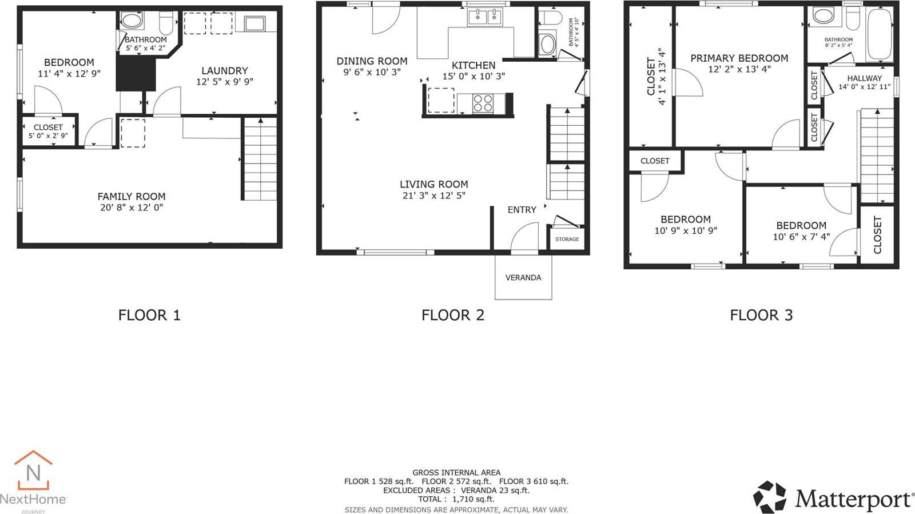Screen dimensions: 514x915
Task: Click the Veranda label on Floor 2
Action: coord(523,278)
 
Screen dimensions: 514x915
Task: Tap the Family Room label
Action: coord(131,196)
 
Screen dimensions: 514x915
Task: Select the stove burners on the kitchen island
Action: coord(483,103)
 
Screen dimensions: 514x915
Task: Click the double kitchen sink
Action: coord(485,18)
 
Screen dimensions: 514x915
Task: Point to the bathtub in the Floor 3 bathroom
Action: coord(879,35)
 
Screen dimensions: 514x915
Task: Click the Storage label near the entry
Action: coord(567,239)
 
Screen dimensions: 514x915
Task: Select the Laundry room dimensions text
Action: coord(224,82)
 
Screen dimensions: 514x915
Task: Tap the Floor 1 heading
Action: coord(149,315)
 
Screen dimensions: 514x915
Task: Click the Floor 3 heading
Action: coord(761,315)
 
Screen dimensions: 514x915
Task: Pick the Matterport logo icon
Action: coord(769,497)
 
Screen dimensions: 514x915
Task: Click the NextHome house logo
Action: coord(33,469)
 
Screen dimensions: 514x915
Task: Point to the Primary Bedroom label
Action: coord(739,58)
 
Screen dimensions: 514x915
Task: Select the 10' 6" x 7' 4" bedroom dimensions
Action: coord(801,237)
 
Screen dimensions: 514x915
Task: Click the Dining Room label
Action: coord(372,61)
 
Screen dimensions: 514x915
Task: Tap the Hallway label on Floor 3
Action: coord(864,78)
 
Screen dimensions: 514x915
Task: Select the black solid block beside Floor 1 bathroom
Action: coord(136,74)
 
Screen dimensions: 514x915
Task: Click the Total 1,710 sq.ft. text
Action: coord(456,499)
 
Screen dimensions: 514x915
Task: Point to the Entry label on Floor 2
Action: coord(522,210)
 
